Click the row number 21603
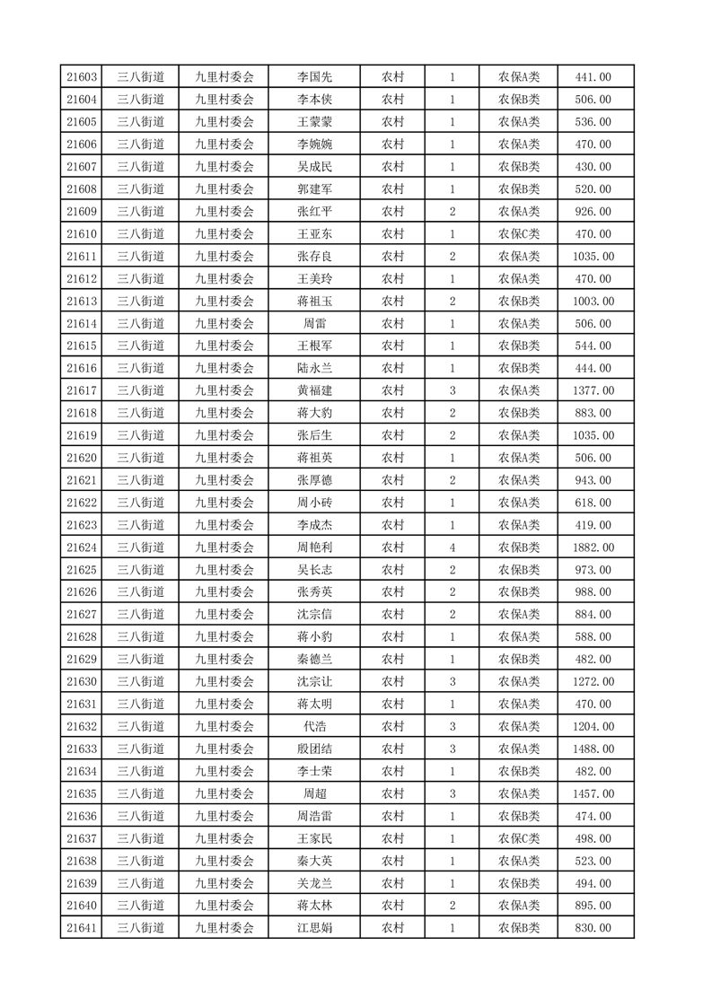click(82, 77)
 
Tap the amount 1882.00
click(593, 547)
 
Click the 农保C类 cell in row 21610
click(518, 234)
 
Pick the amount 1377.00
click(593, 390)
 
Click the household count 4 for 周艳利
click(452, 547)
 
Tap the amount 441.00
click(593, 77)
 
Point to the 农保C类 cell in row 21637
click(518, 838)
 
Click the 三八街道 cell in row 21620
click(141, 458)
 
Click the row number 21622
click(82, 503)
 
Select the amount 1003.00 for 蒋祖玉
click(593, 302)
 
